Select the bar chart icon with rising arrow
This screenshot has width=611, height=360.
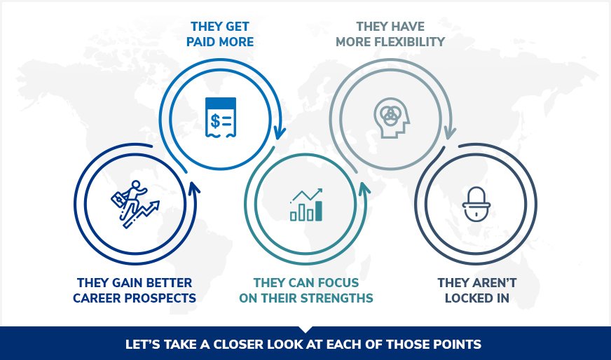pos(306,205)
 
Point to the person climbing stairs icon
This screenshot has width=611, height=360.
pos(134,204)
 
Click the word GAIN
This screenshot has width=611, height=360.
pos(122,283)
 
